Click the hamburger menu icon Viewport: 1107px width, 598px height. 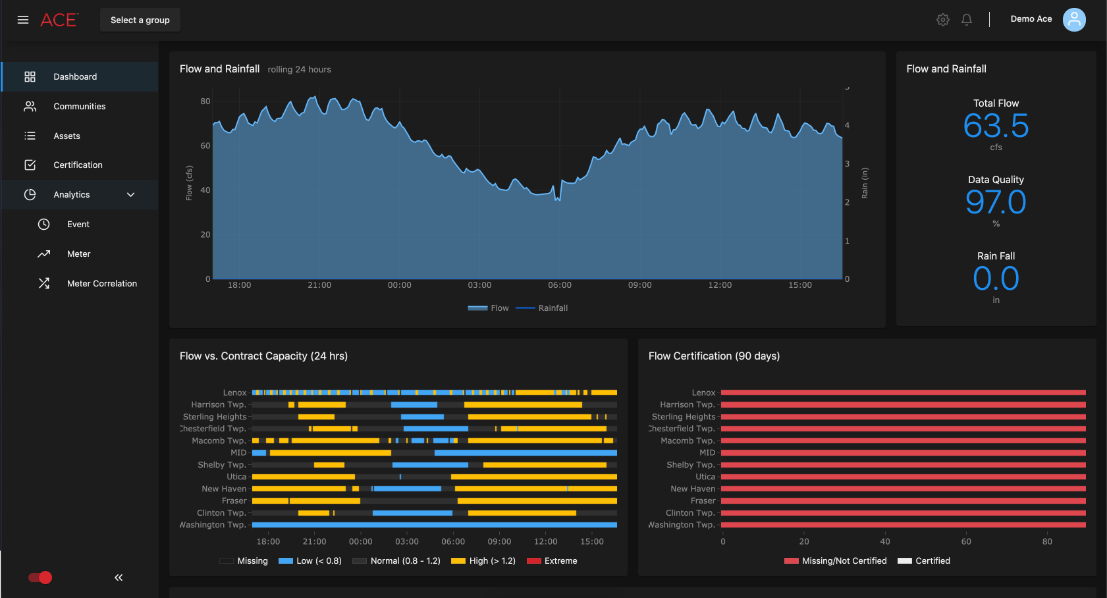pos(23,20)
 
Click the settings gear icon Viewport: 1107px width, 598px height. pos(943,20)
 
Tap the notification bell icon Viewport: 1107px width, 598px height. pos(967,20)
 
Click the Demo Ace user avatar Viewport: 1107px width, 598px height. pos(1074,20)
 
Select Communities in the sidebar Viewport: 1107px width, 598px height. pos(79,106)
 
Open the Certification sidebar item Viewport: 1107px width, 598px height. pos(78,165)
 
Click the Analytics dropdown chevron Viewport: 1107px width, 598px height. pos(130,195)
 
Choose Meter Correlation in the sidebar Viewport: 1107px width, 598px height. pos(101,283)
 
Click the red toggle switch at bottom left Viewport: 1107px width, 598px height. pos(40,578)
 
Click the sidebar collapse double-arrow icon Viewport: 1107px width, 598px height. pos(119,578)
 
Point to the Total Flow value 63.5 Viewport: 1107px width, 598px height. pos(996,126)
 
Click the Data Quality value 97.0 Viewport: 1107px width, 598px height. pos(996,202)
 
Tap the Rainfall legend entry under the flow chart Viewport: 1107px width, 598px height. pos(543,308)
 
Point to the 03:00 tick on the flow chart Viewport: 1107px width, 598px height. pos(479,285)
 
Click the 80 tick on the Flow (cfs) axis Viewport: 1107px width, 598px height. pos(205,101)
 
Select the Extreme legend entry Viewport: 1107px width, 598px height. pos(553,561)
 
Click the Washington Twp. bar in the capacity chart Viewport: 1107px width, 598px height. pos(435,525)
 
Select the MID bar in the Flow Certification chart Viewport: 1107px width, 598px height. pos(902,453)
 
